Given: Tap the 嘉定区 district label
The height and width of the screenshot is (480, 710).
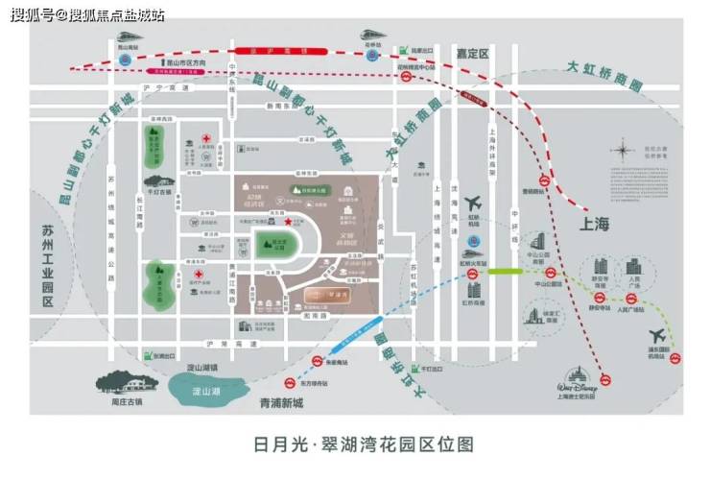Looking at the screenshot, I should (x=471, y=54).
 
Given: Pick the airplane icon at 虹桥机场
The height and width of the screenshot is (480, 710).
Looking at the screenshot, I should (x=472, y=204).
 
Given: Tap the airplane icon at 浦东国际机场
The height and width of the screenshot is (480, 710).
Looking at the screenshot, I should (x=657, y=336).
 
